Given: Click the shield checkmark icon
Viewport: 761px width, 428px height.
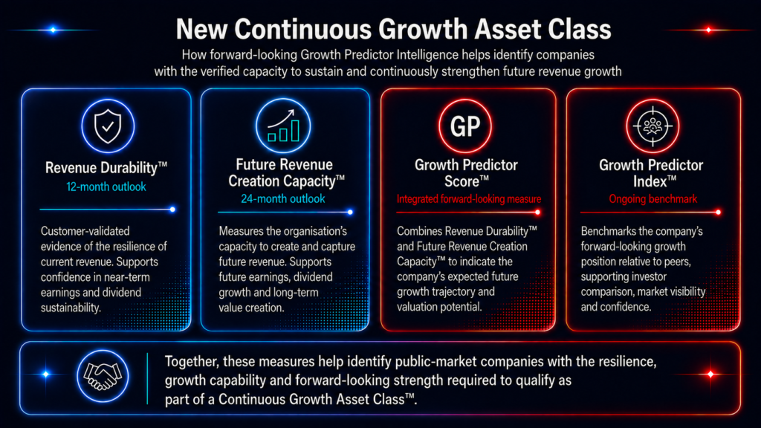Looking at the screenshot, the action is [x=108, y=126].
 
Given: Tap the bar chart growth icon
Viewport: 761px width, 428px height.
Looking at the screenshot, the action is [x=283, y=126].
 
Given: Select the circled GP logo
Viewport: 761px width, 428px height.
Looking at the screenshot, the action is [x=465, y=126].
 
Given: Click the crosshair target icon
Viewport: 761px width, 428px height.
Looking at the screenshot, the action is [x=652, y=126].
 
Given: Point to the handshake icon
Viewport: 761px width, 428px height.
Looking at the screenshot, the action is [x=103, y=376].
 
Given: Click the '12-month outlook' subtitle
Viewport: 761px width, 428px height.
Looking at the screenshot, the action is [x=106, y=187].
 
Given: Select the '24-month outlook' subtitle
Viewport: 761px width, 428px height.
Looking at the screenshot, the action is [x=283, y=198].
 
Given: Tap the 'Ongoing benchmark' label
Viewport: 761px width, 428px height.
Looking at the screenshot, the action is [x=652, y=198].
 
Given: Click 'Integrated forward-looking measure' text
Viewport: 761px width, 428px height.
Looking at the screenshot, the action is [x=469, y=199].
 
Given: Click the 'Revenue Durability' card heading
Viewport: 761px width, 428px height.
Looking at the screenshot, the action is [x=106, y=168].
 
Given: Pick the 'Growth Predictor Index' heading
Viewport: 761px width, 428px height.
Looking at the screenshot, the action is [x=651, y=173].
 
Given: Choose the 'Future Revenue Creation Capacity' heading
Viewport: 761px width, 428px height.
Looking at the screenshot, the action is [x=286, y=172].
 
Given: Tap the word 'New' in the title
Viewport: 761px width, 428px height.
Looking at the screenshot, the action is [x=201, y=29].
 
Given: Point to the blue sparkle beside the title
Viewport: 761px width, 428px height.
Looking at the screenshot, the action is [x=53, y=30].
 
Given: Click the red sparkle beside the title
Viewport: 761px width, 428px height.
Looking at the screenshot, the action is [x=708, y=30].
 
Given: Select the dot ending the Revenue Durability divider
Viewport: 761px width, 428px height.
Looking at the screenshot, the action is [x=172, y=210].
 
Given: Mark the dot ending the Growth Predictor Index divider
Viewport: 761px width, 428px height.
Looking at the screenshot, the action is [x=719, y=212].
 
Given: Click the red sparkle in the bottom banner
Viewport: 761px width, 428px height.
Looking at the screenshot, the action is [x=710, y=374].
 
